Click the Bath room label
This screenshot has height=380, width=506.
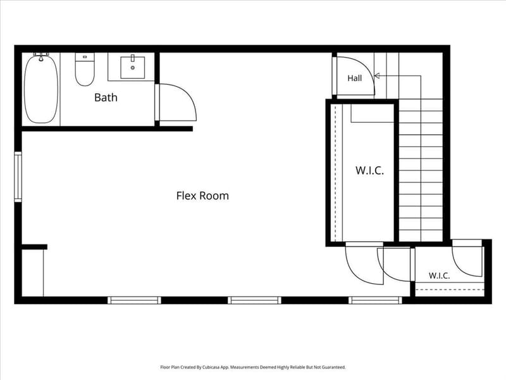106,98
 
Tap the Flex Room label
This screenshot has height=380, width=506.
202,196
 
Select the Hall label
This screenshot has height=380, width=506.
354,78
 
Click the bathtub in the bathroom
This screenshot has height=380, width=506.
41,89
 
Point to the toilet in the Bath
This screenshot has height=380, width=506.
85,69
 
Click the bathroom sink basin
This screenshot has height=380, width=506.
132,68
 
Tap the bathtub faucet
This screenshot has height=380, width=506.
41,57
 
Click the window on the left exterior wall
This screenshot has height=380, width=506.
18,177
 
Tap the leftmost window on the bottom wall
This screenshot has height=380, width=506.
134,300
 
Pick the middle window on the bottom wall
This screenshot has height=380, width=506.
254,300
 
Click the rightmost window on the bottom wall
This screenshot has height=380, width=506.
375,300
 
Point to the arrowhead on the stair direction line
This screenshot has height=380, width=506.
376,76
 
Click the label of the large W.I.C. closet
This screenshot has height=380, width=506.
369,170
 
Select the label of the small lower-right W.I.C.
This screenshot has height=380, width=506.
439,275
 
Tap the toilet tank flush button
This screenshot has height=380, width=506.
85,57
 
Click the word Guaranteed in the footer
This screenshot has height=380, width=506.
335,367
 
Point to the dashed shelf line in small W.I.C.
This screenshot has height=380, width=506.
450,289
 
